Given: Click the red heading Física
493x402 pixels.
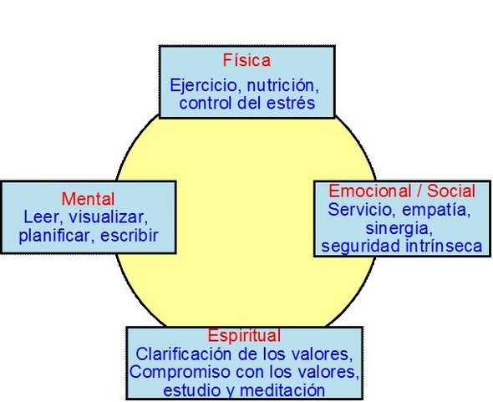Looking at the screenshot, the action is (x=246, y=60).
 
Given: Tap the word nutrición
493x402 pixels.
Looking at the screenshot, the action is (x=283, y=85).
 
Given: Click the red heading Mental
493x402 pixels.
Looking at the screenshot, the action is (x=89, y=199).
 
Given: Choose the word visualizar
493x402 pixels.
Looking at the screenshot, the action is (x=108, y=217).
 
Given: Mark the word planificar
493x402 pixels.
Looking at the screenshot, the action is (x=54, y=237).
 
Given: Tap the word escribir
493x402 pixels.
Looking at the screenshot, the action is (x=129, y=236).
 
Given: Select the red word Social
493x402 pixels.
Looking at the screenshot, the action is (x=451, y=191).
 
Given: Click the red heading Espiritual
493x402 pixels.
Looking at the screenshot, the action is (x=244, y=336).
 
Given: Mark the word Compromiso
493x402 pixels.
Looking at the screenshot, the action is (x=180, y=373).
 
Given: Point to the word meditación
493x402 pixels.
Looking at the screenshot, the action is (x=282, y=390).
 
